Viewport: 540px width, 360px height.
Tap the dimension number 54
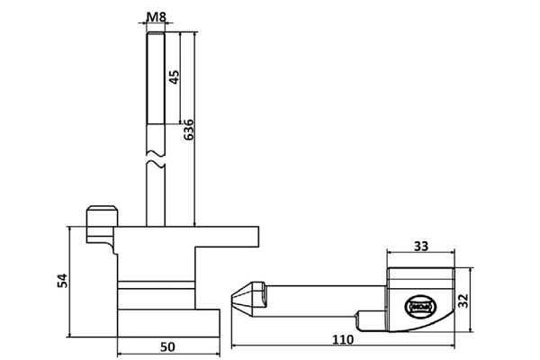(x=61, y=281)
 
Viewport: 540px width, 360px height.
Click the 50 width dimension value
(x=168, y=345)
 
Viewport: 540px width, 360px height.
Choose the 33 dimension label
(x=419, y=245)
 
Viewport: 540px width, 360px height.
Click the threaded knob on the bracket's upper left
(x=102, y=219)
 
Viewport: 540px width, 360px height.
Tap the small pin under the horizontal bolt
(x=370, y=319)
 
